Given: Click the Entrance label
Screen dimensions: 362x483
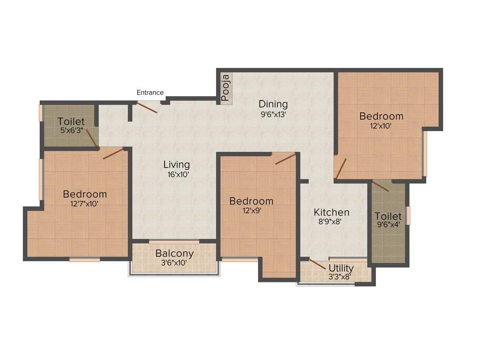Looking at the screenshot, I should click(x=150, y=93).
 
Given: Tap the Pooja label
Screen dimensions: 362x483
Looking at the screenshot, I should click(x=225, y=88).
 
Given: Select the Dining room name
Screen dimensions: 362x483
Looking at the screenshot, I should click(x=273, y=104).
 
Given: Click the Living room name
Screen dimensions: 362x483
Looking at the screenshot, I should click(x=176, y=165).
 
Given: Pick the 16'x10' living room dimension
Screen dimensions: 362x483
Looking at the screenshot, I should click(x=176, y=174).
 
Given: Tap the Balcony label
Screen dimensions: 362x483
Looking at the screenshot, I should click(x=175, y=254).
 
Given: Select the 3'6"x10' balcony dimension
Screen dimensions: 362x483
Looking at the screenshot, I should click(x=175, y=263).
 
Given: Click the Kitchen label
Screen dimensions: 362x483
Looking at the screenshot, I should click(x=332, y=213).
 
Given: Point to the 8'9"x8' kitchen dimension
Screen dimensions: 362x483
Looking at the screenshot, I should click(x=332, y=222).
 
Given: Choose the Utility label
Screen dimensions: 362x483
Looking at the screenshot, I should click(x=341, y=269).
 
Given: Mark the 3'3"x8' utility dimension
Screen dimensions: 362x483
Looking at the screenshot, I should click(x=340, y=277).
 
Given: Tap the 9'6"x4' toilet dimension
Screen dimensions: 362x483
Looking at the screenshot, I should click(x=388, y=225).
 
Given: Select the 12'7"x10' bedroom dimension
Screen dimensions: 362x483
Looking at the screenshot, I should click(x=85, y=204).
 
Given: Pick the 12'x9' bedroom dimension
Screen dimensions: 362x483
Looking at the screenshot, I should click(x=252, y=211).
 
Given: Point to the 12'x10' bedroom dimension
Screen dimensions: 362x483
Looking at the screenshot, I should click(x=381, y=126).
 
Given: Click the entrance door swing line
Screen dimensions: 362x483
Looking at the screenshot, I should click(x=147, y=108).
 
